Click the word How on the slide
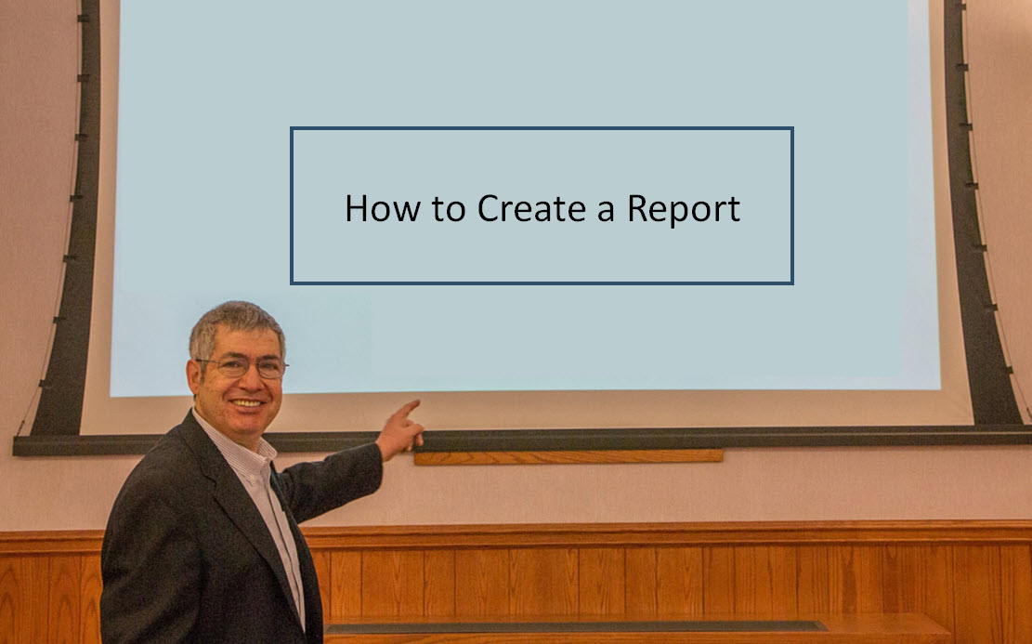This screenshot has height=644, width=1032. [383, 208]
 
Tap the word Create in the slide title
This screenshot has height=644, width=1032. [531, 208]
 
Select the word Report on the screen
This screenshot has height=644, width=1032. [683, 209]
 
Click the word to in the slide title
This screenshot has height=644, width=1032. [449, 209]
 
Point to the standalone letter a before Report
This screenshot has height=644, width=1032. [606, 212]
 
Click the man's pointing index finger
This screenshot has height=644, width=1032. [407, 408]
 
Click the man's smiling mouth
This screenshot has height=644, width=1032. [247, 402]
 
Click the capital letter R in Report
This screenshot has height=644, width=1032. [638, 208]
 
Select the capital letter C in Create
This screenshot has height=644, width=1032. [489, 208]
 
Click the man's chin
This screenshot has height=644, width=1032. [250, 425]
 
